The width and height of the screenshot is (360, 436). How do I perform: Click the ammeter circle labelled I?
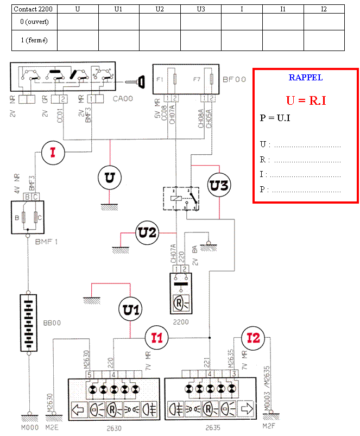(x=53, y=153)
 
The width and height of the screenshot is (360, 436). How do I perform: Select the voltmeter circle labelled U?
(x=110, y=178)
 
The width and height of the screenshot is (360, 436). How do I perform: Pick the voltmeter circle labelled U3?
(x=219, y=185)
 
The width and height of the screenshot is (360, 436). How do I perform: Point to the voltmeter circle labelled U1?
(x=131, y=310)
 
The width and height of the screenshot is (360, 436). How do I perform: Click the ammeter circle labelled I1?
(x=156, y=338)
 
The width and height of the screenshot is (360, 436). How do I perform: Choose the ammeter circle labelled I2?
(x=253, y=338)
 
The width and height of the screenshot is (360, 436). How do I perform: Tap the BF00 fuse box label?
(x=234, y=79)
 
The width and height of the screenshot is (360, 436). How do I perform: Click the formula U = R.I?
(x=306, y=100)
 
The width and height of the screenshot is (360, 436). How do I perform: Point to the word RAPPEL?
(x=306, y=78)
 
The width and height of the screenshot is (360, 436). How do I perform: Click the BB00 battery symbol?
(x=27, y=323)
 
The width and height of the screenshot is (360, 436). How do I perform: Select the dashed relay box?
(x=181, y=198)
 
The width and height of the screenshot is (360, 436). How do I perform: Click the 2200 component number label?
(x=180, y=321)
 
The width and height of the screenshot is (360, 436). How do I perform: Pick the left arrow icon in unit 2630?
(x=79, y=409)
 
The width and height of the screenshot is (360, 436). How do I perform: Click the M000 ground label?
(x=27, y=426)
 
